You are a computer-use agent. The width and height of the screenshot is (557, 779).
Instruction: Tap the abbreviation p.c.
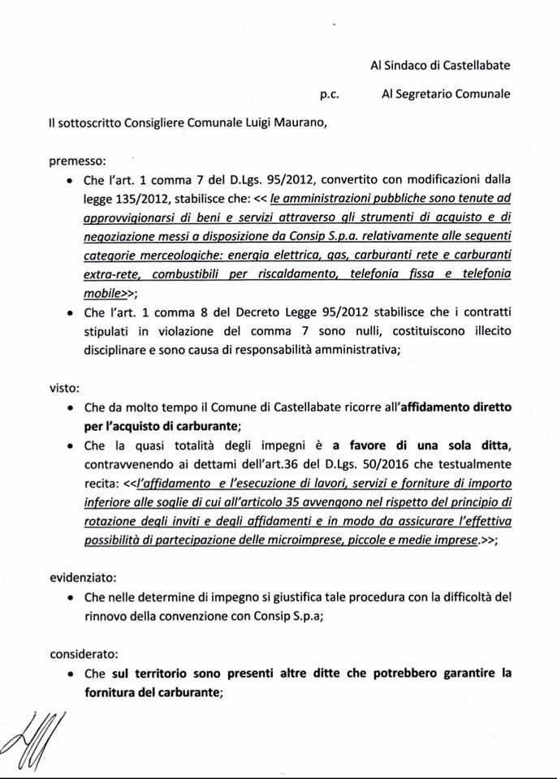(329, 94)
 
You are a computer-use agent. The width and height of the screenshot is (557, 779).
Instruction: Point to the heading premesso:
(77, 161)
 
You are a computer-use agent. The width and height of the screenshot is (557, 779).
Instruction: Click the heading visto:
(64, 388)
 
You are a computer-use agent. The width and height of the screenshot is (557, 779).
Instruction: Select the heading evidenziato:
(83, 579)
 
